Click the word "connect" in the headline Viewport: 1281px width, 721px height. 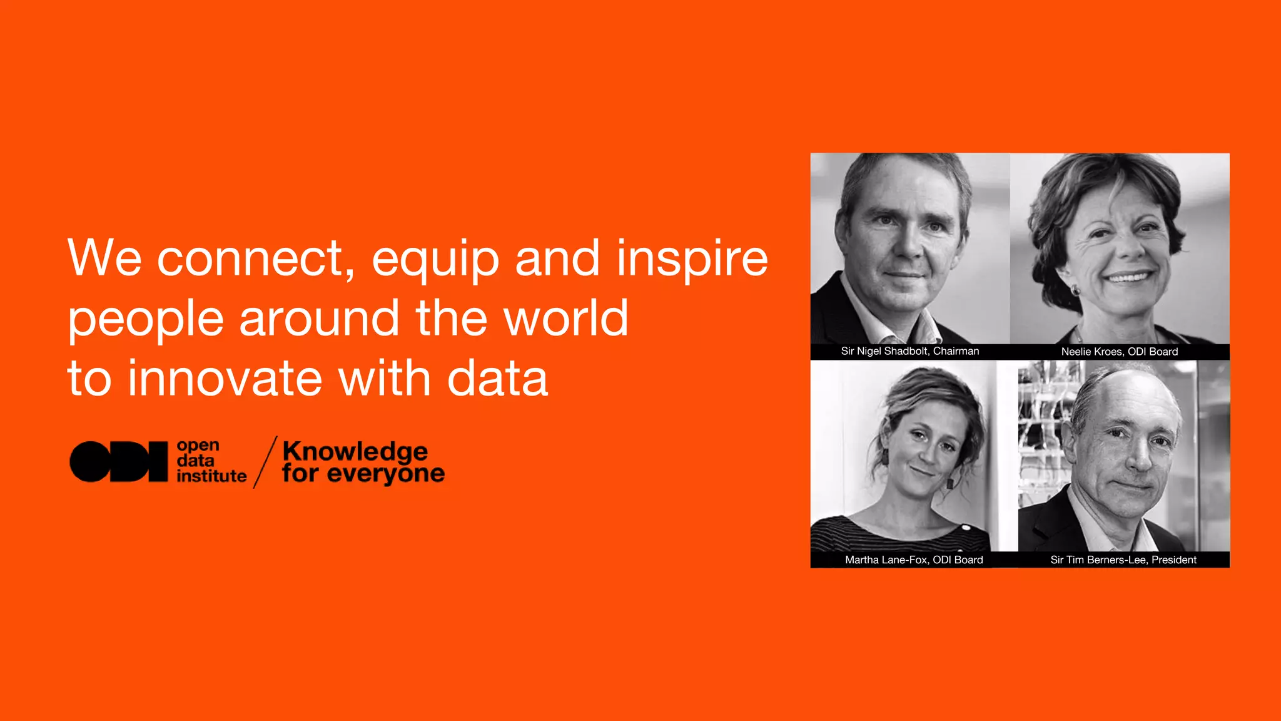click(x=250, y=258)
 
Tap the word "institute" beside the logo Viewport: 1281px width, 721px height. click(x=211, y=476)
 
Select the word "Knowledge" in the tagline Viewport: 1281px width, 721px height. click(x=355, y=452)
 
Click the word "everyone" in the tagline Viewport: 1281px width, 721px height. click(x=385, y=474)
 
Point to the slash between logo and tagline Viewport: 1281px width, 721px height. click(x=265, y=462)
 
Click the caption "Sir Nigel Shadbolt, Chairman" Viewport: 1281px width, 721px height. click(x=909, y=351)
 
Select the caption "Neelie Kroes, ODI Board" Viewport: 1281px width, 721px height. click(x=1119, y=352)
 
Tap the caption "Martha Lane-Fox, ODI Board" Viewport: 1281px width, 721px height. click(x=914, y=560)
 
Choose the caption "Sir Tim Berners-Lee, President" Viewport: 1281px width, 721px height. click(x=1123, y=560)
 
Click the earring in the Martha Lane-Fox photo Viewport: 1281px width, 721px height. click(x=950, y=483)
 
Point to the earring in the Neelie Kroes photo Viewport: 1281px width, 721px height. click(x=1076, y=290)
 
